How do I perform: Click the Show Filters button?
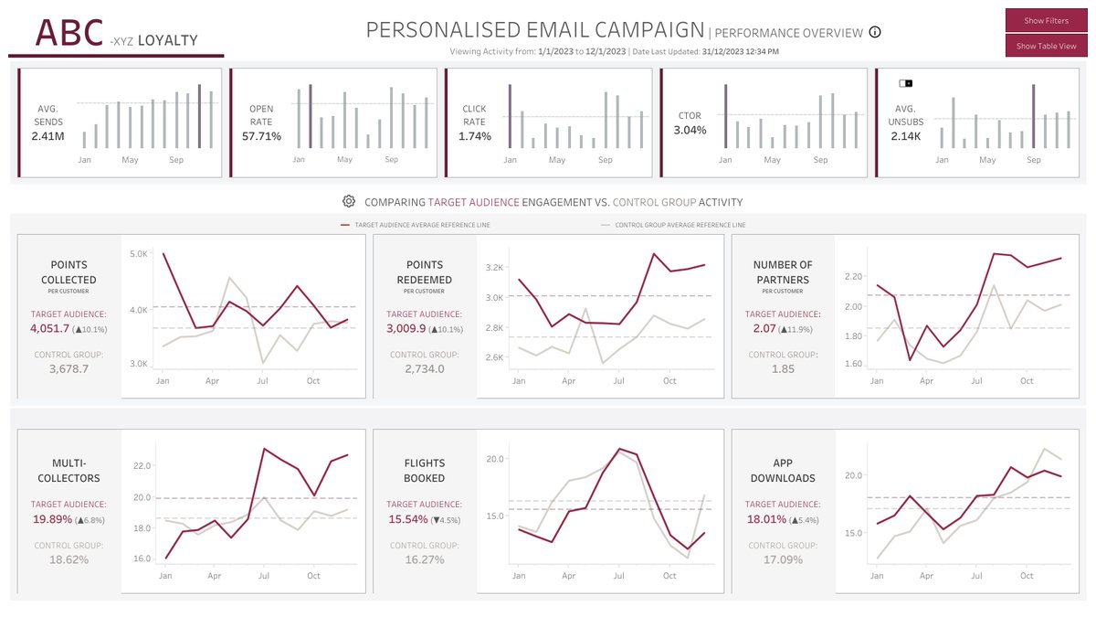(1046, 20)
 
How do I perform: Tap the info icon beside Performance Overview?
(875, 33)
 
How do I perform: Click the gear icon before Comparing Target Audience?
(349, 202)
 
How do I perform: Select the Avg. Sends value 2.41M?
(47, 136)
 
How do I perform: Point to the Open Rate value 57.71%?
(261, 136)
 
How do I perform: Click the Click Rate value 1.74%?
(474, 136)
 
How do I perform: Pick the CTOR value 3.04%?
(690, 131)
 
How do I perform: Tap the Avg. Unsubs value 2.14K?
(905, 136)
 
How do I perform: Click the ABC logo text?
(69, 33)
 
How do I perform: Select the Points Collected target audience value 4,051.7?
(57, 328)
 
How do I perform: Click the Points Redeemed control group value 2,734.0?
(424, 368)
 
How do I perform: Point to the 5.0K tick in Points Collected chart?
(137, 254)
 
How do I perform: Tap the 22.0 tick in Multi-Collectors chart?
(142, 465)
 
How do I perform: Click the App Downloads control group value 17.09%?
(783, 559)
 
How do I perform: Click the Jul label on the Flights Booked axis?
(618, 576)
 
